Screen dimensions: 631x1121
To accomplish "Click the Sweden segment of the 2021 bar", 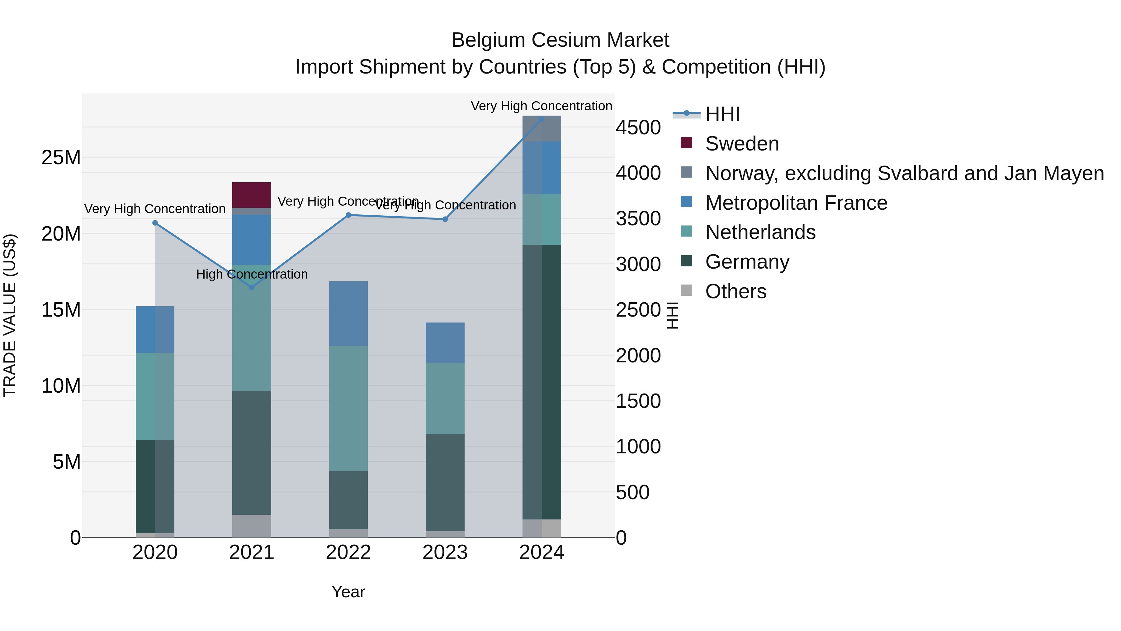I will point(252,195).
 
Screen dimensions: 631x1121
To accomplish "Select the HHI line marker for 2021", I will point(252,287).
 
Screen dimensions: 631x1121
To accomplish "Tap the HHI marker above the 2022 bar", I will point(348,215).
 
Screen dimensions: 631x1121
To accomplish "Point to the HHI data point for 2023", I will point(445,219).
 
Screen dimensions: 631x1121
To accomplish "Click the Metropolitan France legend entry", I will point(796,203).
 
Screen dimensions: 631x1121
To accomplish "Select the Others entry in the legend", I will point(736,291).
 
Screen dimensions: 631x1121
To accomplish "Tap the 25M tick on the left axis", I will point(61,157).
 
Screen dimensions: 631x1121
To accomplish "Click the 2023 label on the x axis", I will point(445,552).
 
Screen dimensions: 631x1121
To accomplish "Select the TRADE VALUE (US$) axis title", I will point(10,315).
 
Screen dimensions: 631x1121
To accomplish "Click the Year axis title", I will point(348,592).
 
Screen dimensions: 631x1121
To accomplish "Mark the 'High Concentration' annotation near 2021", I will point(252,274).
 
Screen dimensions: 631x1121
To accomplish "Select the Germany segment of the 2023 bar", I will point(445,482).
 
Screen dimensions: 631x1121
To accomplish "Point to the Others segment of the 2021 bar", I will point(252,526).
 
